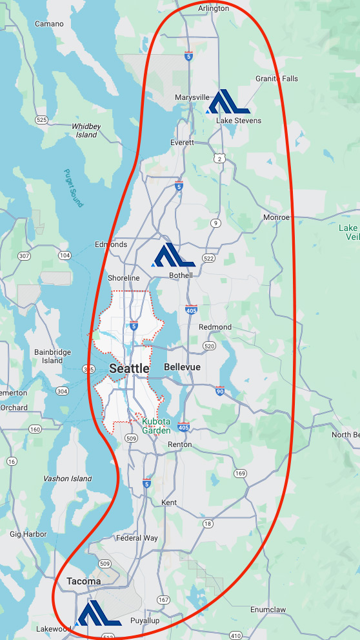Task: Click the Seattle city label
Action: [129, 369]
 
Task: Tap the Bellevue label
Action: [182, 367]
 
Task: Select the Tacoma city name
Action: [84, 581]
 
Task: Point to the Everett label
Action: [182, 143]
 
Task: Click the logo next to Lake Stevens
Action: [228, 102]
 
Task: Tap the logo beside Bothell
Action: [174, 255]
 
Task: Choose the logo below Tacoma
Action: [99, 614]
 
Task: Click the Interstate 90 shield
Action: [220, 391]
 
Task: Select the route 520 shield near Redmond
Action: [208, 346]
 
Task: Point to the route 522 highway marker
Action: [208, 259]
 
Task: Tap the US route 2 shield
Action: [220, 159]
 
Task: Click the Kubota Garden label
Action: [156, 426]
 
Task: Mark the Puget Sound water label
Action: [74, 188]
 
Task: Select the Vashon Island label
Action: [67, 479]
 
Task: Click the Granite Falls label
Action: [277, 79]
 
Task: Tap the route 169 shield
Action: [240, 474]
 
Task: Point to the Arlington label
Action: [214, 8]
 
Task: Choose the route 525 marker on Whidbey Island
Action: [42, 119]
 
